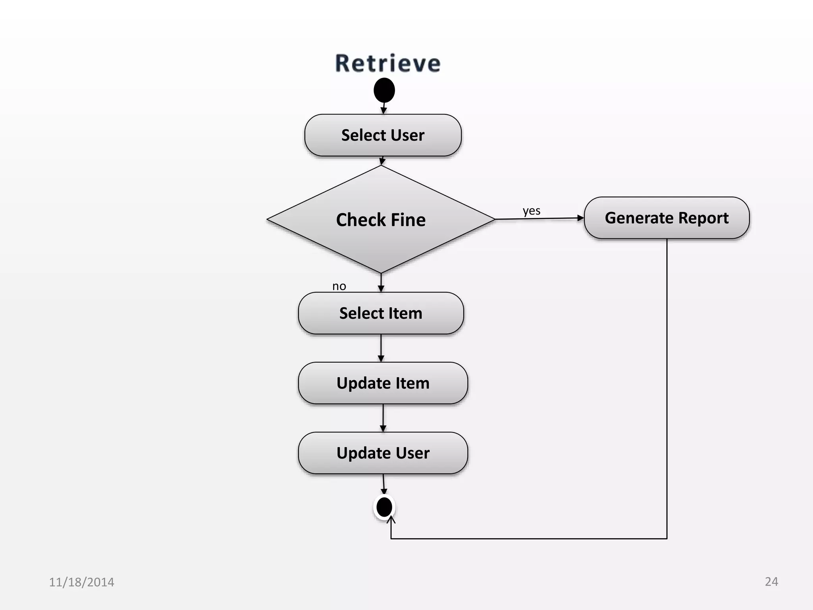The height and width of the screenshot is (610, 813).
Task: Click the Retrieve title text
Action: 388,64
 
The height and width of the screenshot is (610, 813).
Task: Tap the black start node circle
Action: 384,90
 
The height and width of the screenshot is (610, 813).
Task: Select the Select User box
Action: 383,135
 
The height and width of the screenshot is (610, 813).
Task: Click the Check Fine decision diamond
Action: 381,220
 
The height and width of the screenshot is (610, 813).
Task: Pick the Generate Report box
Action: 667,218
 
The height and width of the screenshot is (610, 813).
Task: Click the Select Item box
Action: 381,313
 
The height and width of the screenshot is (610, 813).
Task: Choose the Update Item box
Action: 383,383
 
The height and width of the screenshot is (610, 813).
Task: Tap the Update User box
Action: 383,453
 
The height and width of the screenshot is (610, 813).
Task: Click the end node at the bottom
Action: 384,507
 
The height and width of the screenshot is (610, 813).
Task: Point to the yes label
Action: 531,210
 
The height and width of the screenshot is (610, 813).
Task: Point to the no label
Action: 339,286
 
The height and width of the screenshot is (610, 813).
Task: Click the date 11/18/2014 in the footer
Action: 81,582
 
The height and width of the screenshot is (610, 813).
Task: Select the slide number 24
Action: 771,581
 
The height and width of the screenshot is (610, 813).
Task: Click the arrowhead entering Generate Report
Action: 580,218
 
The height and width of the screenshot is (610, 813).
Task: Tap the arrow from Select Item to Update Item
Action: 381,347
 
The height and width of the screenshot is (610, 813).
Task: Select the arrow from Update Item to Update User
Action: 383,417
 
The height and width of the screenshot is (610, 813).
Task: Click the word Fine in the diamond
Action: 408,220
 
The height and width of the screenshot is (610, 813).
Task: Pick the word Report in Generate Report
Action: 703,218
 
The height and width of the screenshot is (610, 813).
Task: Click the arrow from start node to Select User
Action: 384,108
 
